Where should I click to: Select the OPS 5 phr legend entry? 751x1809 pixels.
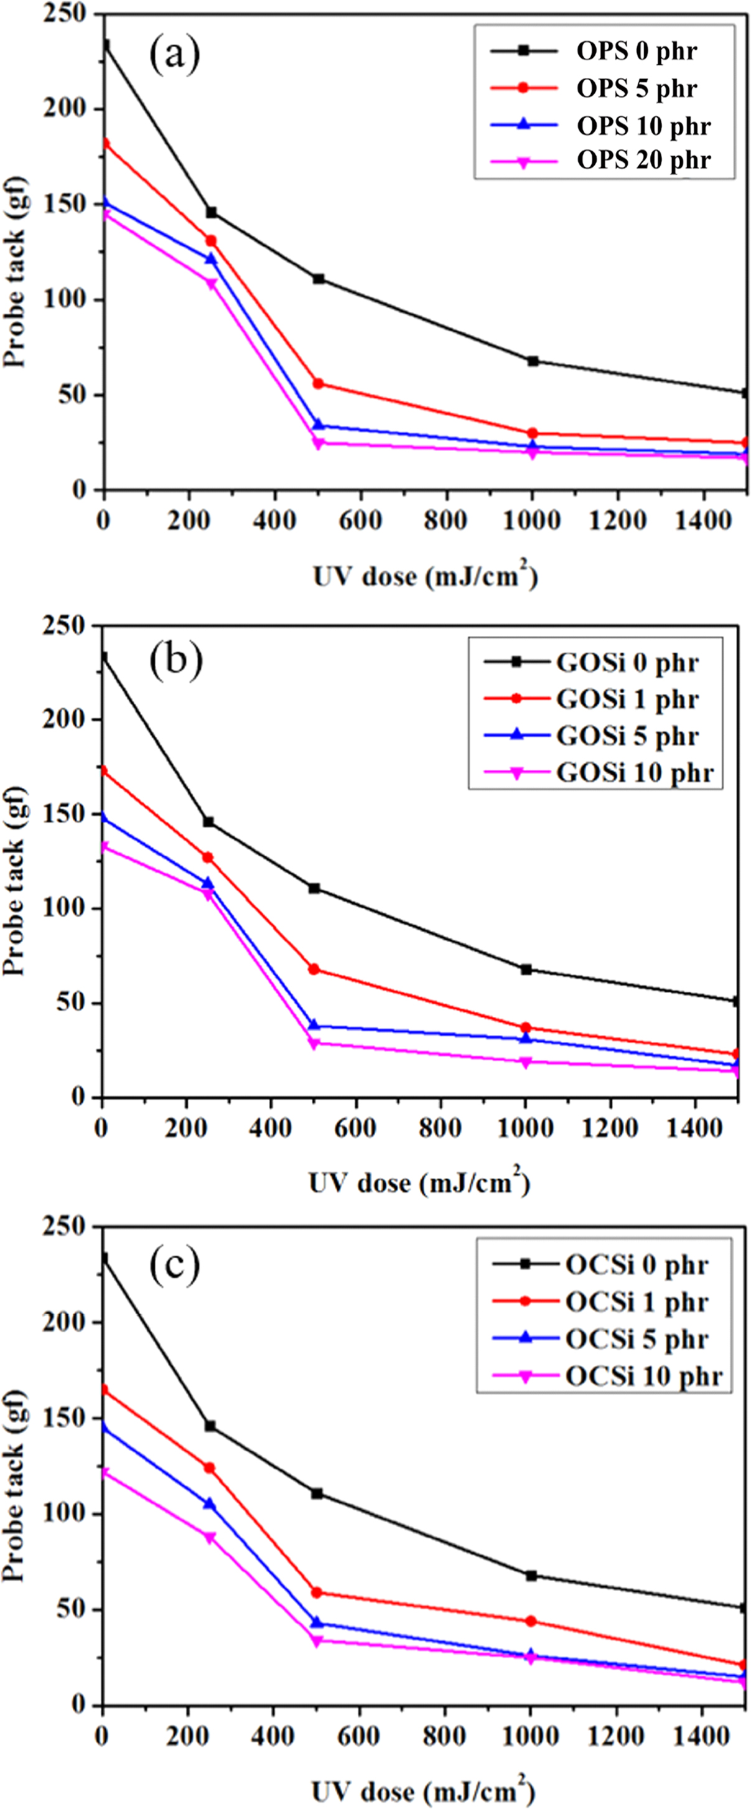(x=604, y=88)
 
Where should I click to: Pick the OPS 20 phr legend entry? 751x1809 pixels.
(x=604, y=160)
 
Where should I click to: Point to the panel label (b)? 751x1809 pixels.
(x=175, y=661)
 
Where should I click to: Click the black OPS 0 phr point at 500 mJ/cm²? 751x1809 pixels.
(x=318, y=279)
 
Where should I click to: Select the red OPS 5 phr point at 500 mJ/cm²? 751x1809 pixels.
(x=318, y=383)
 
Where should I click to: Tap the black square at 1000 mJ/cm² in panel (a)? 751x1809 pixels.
(x=533, y=361)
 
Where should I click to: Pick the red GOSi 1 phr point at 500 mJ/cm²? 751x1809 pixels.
(x=314, y=969)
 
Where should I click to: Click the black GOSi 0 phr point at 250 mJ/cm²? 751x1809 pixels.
(x=208, y=821)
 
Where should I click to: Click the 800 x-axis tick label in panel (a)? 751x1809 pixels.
(x=446, y=521)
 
